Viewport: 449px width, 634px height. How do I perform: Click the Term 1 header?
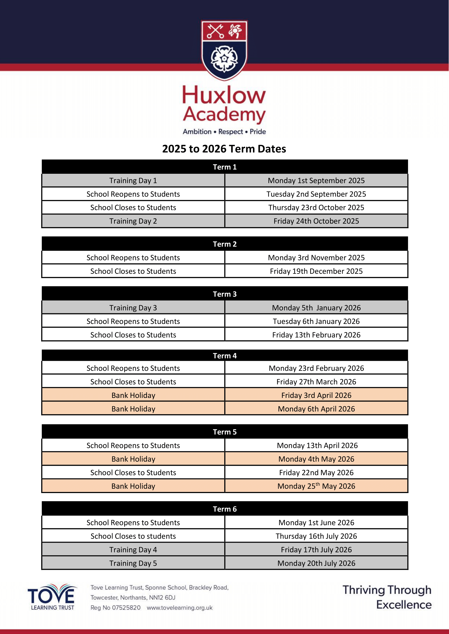pyautogui.click(x=224, y=167)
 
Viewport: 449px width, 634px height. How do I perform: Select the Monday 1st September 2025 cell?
pyautogui.click(x=316, y=181)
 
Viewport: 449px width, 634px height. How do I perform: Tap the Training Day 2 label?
pyautogui.click(x=133, y=221)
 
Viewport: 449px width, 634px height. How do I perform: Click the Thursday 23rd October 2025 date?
pyautogui.click(x=316, y=208)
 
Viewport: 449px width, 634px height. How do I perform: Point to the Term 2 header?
pyautogui.click(x=224, y=244)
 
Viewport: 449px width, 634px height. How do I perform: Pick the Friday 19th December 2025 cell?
pyautogui.click(x=316, y=271)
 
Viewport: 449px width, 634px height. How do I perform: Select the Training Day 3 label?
pyautogui.click(x=133, y=308)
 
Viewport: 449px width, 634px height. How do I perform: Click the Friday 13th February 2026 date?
pyautogui.click(x=316, y=335)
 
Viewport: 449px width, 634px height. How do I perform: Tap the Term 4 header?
pyautogui.click(x=224, y=356)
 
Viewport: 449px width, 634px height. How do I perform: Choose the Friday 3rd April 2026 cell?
pyautogui.click(x=316, y=395)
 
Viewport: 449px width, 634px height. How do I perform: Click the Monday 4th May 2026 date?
pyautogui.click(x=316, y=459)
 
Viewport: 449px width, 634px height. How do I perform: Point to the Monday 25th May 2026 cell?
pyautogui.click(x=316, y=486)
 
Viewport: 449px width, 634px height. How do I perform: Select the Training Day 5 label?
pyautogui.click(x=133, y=563)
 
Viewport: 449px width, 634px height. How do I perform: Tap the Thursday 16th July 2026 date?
pyautogui.click(x=316, y=536)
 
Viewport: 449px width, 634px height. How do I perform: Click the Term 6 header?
pyautogui.click(x=224, y=509)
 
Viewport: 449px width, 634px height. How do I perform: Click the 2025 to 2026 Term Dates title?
pyautogui.click(x=224, y=149)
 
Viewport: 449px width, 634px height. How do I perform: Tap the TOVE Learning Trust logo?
pyautogui.click(x=52, y=597)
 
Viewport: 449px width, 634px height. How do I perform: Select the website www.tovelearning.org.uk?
pyautogui.click(x=179, y=607)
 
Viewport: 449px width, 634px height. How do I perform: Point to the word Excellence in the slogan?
pyautogui.click(x=404, y=605)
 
